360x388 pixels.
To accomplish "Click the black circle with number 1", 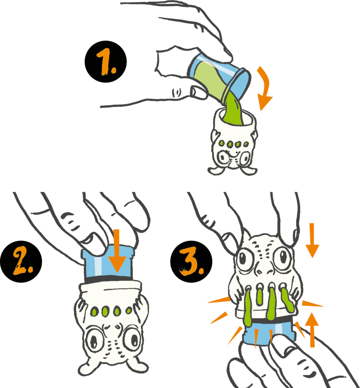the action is click(x=106, y=62).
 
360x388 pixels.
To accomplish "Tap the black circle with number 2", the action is click(x=21, y=262).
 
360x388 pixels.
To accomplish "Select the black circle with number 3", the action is click(x=191, y=262).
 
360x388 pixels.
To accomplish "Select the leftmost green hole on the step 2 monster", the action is click(x=95, y=311).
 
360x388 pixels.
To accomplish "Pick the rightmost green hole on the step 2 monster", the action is click(x=129, y=310).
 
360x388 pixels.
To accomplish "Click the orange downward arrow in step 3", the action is click(x=312, y=241).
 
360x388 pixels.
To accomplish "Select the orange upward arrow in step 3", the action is click(x=312, y=330).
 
